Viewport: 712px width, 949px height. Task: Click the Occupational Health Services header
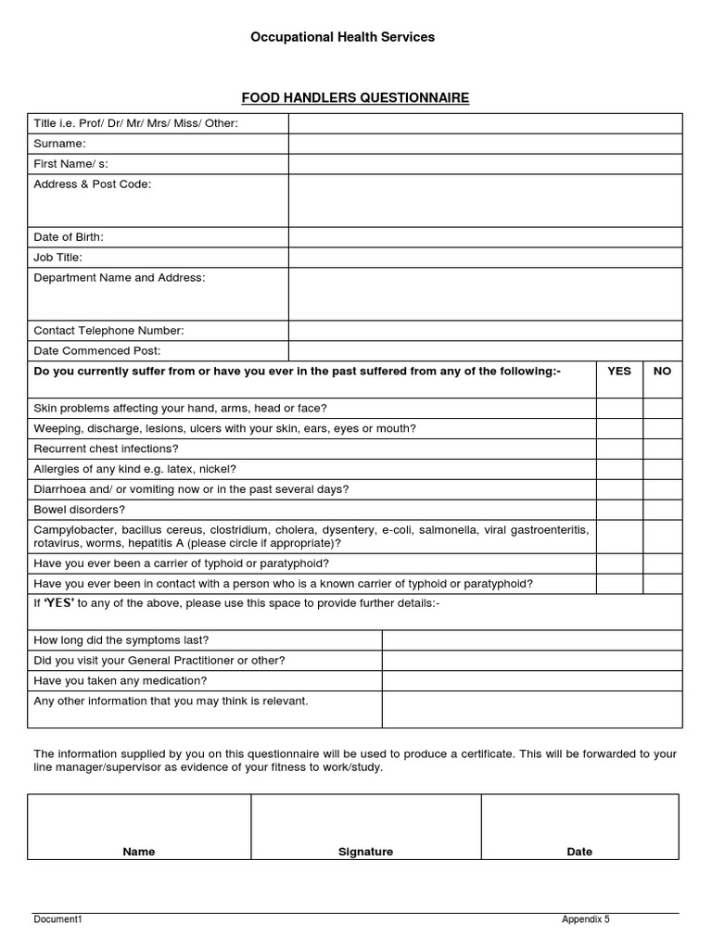(342, 37)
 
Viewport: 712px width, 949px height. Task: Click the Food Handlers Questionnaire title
(355, 97)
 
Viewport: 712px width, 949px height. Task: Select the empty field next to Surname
(485, 144)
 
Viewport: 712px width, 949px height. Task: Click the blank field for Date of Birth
(485, 237)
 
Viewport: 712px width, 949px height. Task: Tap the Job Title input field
(485, 258)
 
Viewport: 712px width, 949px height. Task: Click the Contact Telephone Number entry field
(485, 331)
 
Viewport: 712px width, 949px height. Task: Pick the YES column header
(618, 371)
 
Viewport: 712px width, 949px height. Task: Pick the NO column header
(662, 371)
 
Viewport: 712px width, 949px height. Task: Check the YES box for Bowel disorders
(618, 510)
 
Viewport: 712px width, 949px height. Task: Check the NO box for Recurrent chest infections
(662, 449)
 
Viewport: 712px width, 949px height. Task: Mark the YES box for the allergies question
(618, 469)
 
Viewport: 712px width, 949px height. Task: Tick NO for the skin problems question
(662, 408)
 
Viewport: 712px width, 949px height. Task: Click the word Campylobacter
(71, 529)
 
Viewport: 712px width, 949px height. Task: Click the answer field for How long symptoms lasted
(531, 640)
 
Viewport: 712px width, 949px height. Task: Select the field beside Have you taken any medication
(531, 681)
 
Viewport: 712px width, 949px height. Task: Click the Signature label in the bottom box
(365, 852)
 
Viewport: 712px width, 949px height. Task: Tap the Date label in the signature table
(579, 852)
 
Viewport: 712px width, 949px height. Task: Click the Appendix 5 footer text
(585, 919)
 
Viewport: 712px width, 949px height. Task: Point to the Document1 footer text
(58, 919)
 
